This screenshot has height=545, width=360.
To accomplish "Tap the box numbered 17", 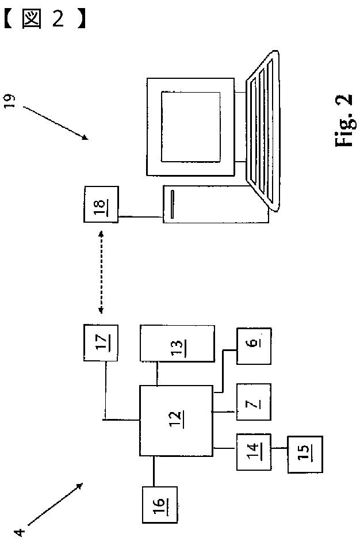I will click(101, 344).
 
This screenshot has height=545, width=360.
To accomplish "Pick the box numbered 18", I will click(101, 204).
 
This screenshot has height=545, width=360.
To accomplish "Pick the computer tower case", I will click(216, 203).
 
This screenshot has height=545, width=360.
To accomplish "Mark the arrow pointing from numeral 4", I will click(55, 504).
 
